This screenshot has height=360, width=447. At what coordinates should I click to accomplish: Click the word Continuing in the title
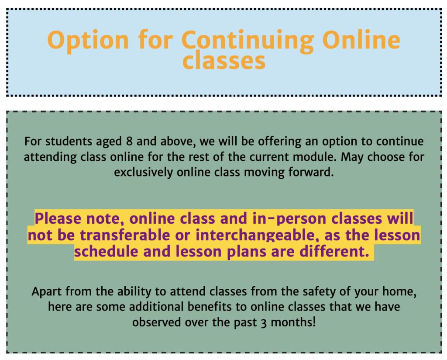(248, 41)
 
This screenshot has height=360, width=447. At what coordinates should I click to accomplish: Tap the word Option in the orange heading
(88, 41)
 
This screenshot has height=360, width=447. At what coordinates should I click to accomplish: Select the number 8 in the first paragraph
(129, 141)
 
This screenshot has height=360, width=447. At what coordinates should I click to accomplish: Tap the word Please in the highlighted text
(58, 218)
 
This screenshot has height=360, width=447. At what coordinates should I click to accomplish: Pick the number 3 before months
(264, 323)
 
